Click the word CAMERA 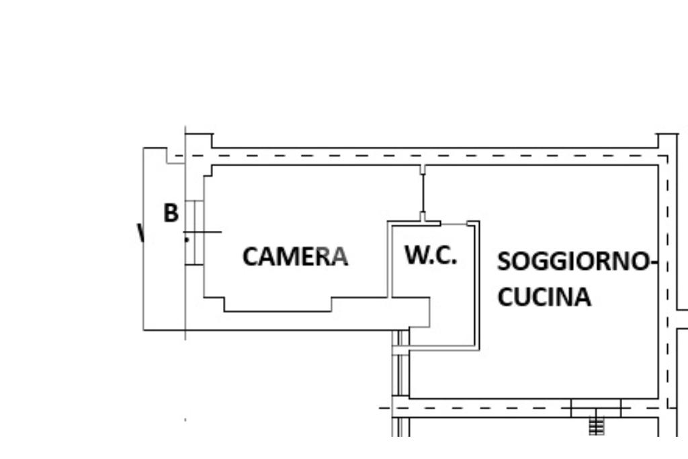[295, 256]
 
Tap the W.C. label [431, 255]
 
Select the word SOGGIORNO [573, 261]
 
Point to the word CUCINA [544, 297]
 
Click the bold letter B [171, 213]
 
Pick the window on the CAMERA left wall [194, 232]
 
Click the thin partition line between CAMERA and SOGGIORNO [423, 193]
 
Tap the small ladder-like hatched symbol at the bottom [596, 426]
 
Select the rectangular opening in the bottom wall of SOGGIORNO [596, 407]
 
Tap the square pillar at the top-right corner [667, 142]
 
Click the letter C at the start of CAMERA [250, 256]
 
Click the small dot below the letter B [187, 238]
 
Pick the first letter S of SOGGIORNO [504, 261]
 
